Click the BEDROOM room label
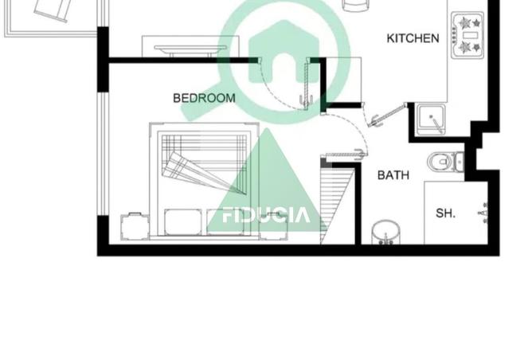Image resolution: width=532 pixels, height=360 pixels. [204, 98]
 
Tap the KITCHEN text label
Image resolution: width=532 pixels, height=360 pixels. [413, 38]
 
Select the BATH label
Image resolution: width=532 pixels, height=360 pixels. [393, 174]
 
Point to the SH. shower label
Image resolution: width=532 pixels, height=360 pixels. [444, 213]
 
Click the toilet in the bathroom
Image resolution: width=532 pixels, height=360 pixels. [442, 162]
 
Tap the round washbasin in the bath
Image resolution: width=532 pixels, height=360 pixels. [387, 231]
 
